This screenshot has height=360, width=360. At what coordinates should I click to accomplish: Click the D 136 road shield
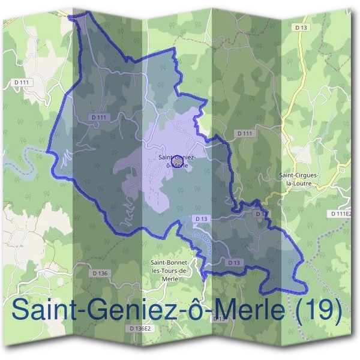pos(101,274)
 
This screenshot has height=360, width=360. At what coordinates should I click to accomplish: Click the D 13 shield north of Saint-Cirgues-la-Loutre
pos(301,27)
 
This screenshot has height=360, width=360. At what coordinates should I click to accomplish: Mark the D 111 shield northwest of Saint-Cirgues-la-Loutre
pos(244,133)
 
